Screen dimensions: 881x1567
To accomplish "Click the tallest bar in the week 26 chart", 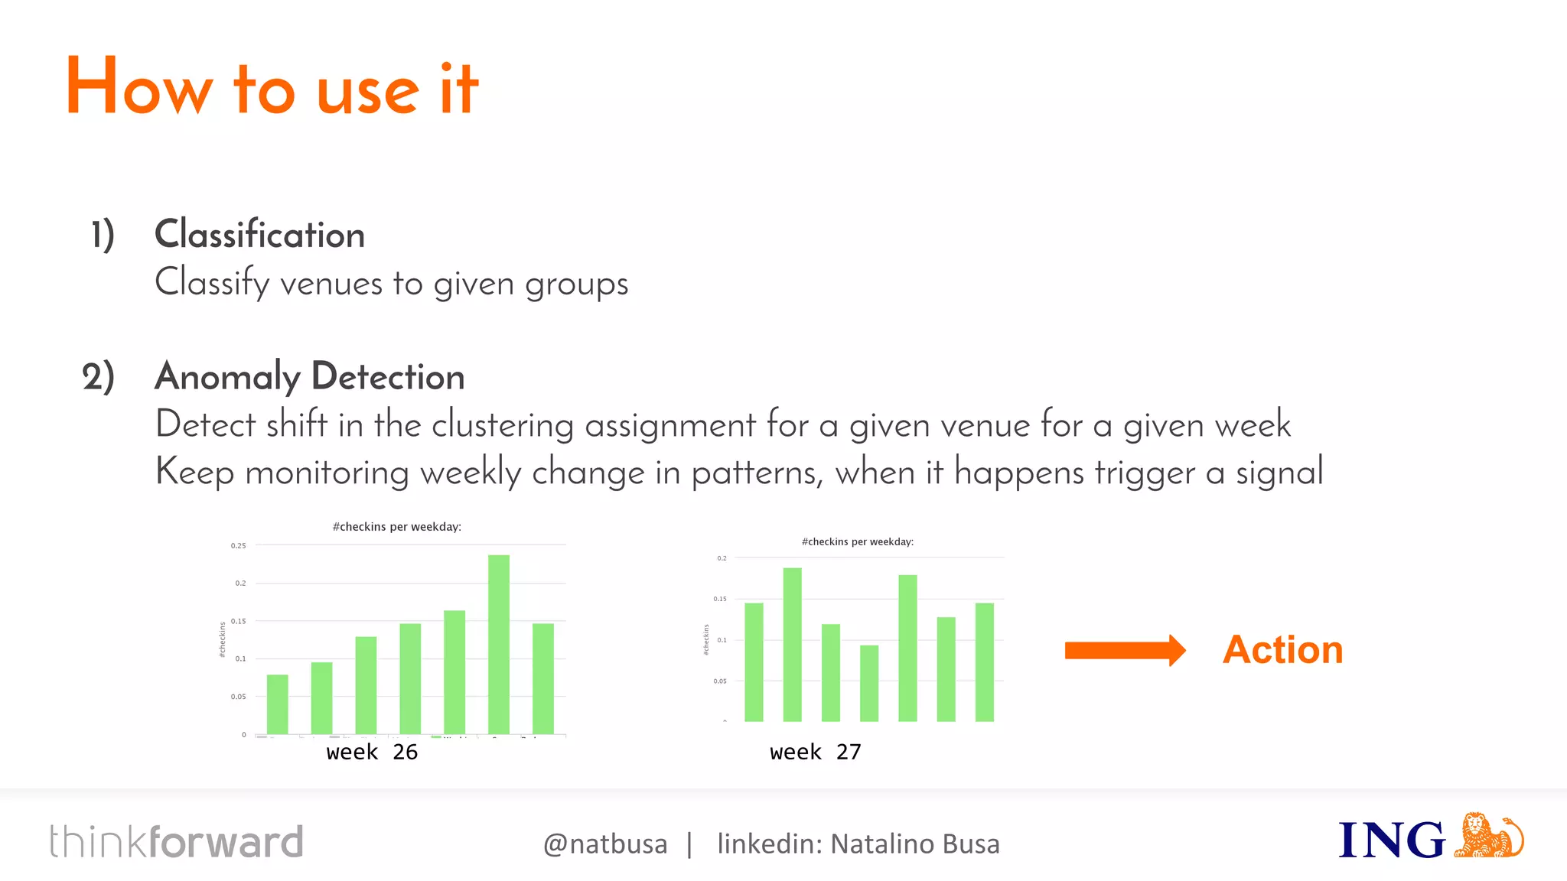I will [499, 644].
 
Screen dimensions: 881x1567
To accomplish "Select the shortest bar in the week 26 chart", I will [277, 704].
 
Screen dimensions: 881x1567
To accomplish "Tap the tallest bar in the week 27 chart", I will [793, 644].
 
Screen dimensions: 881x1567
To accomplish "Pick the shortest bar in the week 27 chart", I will [869, 683].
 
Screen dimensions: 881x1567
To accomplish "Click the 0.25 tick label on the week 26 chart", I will [239, 546].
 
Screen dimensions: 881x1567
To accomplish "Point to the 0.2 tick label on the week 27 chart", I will [722, 558].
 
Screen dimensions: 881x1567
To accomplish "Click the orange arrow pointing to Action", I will [1125, 651].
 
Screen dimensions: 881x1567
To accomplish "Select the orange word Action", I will [1282, 650].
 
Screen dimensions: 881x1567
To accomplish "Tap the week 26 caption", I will [372, 752].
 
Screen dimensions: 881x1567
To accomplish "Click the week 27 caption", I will [816, 752].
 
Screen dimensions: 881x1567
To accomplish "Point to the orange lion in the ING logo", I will [1487, 836].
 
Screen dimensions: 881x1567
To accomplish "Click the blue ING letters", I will [1391, 840].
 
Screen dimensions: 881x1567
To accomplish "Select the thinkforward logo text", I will [177, 842].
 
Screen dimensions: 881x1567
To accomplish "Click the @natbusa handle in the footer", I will [605, 844].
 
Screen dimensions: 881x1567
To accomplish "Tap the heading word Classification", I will [259, 234].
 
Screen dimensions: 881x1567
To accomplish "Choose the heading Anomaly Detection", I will [310, 376].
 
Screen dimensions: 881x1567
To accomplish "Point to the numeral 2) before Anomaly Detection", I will [99, 377].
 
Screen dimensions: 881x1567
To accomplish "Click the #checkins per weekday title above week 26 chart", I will [397, 527].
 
